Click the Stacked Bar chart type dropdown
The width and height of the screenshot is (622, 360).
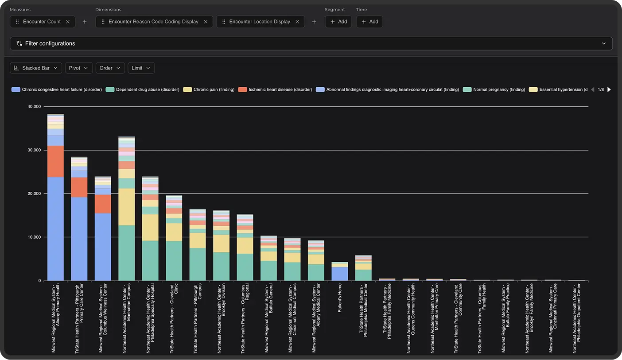36,68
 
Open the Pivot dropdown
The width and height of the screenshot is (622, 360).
78,68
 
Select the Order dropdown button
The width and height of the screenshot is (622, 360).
110,68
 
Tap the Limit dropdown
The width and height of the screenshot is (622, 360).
141,68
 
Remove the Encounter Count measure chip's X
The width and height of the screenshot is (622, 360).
68,22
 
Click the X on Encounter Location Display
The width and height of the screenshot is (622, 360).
297,22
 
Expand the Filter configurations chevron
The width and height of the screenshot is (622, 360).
603,43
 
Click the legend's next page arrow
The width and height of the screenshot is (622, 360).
609,89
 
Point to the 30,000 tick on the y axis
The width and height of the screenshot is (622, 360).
34,150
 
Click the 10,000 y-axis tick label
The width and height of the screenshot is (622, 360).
34,237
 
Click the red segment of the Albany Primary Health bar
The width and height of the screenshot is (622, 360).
55,161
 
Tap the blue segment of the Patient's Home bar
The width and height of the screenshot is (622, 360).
340,274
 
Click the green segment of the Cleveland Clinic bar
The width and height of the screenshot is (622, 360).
174,260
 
